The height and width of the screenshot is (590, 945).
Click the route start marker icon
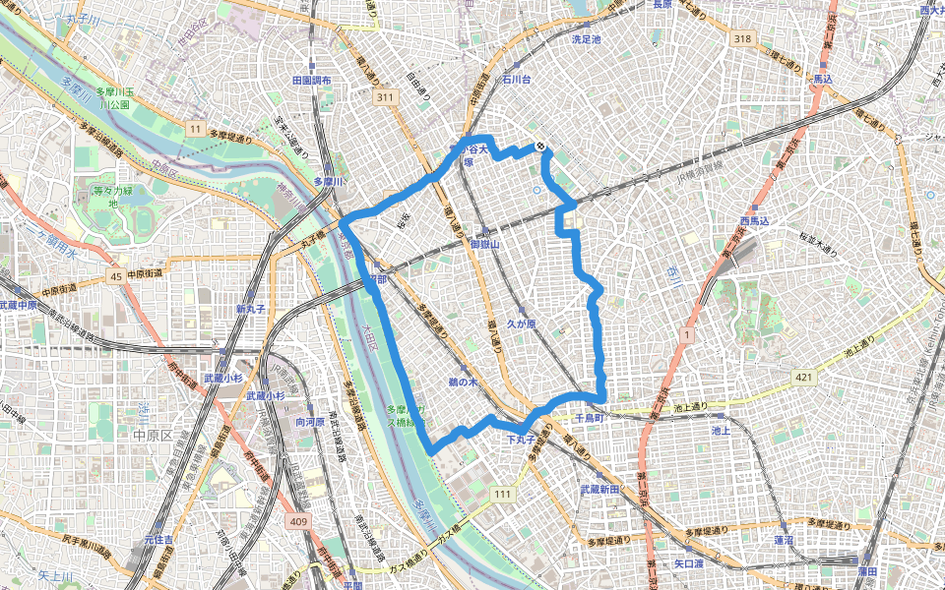coord(540,147)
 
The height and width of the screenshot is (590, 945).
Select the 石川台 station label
coord(517,78)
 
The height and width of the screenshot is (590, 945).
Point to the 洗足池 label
coord(586,39)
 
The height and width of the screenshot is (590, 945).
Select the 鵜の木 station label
coord(462,381)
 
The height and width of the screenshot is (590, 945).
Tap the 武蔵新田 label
coord(599,489)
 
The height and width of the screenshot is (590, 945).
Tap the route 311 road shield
coord(384,97)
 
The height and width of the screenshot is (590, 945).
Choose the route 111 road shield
coord(504,493)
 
